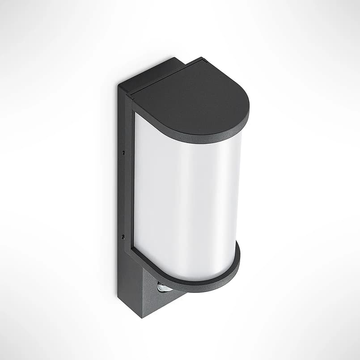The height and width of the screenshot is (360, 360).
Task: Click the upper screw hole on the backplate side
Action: tap(123, 152)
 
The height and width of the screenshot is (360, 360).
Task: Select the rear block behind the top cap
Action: tap(152, 74)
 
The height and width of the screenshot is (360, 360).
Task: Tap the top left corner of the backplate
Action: tap(119, 85)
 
